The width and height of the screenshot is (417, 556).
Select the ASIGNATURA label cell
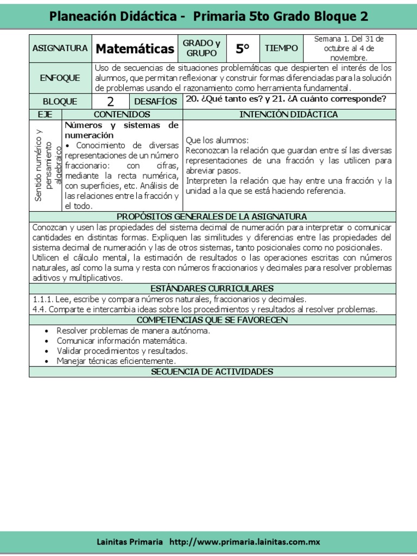(60, 48)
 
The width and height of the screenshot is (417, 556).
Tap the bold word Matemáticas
(135, 49)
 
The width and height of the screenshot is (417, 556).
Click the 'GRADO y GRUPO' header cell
(201, 48)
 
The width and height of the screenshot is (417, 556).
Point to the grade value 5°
(242, 49)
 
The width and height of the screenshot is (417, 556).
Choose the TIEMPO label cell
(281, 48)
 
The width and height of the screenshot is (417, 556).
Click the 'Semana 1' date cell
(349, 48)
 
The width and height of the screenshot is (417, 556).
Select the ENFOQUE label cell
(60, 78)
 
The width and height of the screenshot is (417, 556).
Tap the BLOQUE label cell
(60, 102)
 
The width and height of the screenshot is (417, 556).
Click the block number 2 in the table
(110, 102)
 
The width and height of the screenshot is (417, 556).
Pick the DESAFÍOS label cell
(156, 102)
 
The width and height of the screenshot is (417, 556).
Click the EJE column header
(46, 115)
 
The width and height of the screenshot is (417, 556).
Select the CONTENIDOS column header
(122, 115)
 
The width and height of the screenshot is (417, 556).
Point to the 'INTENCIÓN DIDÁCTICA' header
(289, 115)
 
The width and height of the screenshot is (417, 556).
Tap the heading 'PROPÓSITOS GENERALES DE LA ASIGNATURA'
(212, 217)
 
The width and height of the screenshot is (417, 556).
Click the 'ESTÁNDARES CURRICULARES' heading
(212, 288)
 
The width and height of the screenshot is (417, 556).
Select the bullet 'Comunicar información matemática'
(122, 340)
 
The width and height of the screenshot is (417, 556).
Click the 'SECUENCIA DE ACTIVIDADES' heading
(212, 372)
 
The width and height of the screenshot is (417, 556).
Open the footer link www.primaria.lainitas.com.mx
(245, 542)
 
